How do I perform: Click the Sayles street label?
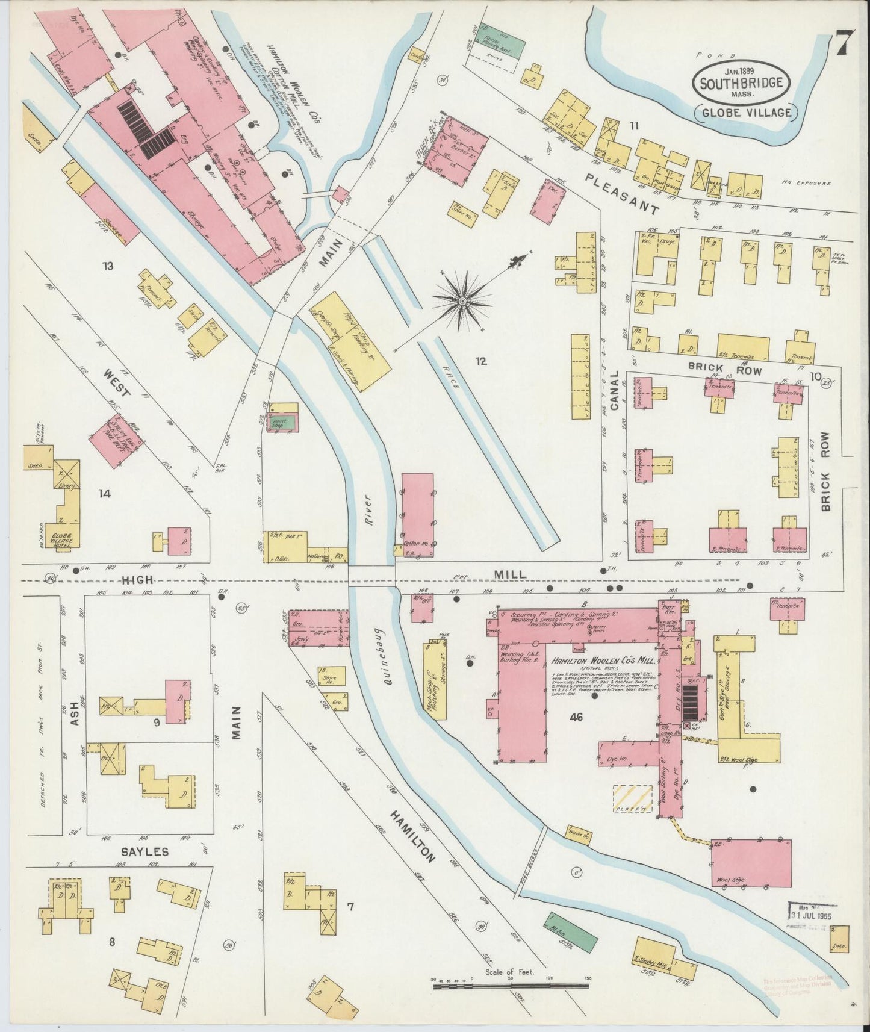click(x=144, y=852)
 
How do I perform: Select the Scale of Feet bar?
click(x=510, y=986)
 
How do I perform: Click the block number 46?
click(x=577, y=716)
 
